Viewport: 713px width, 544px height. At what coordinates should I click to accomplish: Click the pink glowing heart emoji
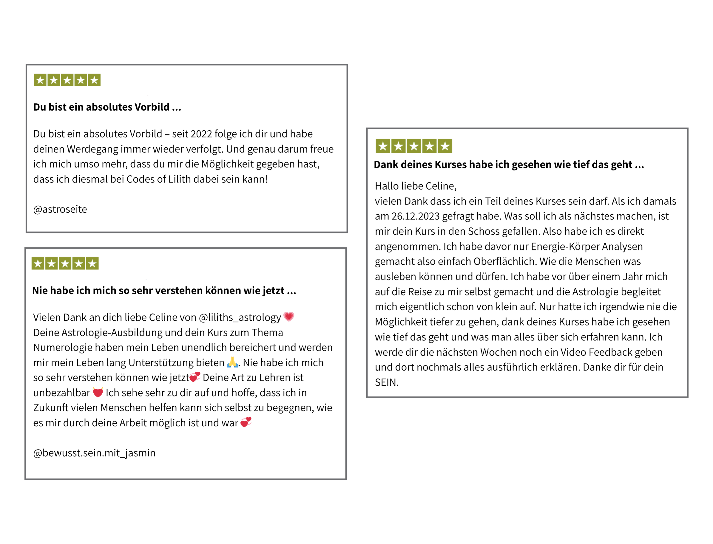[288, 316]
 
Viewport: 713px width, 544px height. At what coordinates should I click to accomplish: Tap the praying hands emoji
[232, 362]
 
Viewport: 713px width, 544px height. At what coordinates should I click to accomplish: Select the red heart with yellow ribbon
[98, 392]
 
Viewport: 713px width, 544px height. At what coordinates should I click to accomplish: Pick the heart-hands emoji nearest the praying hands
[195, 376]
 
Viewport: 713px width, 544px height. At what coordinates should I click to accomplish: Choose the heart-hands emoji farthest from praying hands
[246, 422]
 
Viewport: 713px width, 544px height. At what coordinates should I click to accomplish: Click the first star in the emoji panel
[38, 264]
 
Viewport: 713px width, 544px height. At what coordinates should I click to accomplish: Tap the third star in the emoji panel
[65, 264]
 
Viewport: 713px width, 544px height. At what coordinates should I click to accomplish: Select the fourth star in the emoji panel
[79, 264]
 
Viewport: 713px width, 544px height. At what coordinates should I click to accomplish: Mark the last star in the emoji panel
[92, 264]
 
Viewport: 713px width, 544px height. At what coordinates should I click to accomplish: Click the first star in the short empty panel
[40, 80]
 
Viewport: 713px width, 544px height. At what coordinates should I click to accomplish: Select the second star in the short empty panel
[54, 80]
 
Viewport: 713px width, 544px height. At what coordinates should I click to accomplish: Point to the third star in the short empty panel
[67, 80]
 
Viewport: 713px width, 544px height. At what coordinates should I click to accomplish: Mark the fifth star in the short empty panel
[94, 80]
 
